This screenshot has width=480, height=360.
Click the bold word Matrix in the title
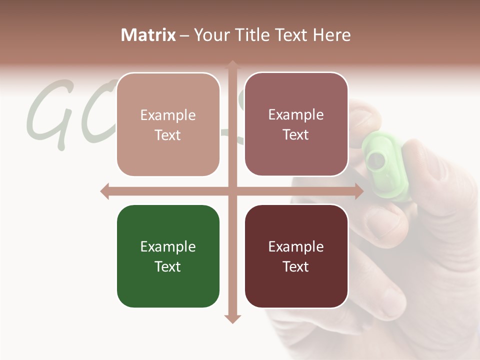148,35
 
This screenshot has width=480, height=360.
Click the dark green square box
168,256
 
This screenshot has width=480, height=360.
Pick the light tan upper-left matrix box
168,124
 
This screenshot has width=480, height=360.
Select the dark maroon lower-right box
296,256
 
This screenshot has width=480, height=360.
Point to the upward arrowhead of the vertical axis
232,65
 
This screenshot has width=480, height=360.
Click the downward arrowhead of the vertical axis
232,318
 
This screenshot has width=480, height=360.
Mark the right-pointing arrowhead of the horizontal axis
358,191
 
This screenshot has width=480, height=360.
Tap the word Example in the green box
168,246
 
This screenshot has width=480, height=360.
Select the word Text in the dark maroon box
296,266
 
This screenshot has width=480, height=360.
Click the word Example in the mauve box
296,114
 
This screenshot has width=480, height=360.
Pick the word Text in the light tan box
168,135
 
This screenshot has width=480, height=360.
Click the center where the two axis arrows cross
232,191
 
